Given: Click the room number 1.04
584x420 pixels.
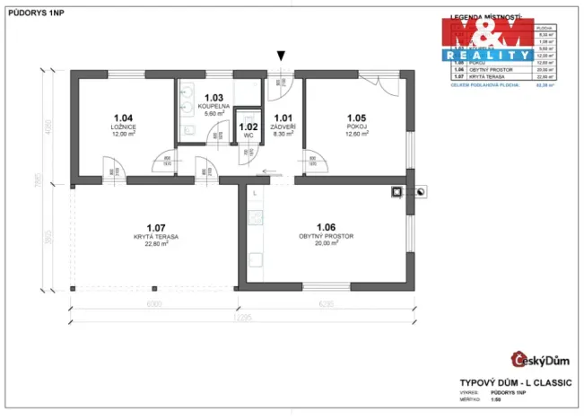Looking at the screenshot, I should click(x=124, y=118).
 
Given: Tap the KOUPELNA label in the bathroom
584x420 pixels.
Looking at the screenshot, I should click(x=214, y=107).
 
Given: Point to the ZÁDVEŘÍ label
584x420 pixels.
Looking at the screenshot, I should click(x=283, y=126).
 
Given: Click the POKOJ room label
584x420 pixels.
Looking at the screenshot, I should click(x=358, y=127).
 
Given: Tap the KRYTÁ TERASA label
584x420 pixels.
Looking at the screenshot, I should click(x=156, y=236).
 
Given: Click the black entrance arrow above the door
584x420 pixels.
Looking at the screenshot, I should click(x=283, y=56).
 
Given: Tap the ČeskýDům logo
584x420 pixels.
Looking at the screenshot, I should click(x=540, y=360).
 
